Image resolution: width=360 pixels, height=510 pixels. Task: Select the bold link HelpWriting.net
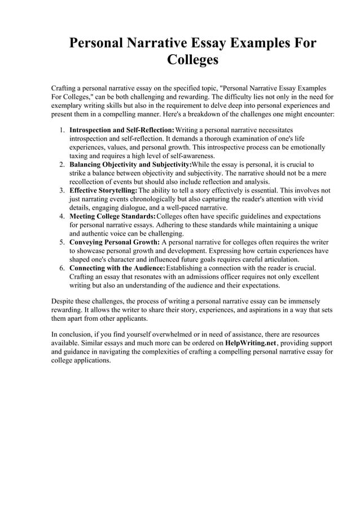tap(252, 343)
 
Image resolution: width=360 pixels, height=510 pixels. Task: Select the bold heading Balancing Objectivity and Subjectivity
tap(130, 165)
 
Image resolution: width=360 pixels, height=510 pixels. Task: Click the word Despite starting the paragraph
tap(63, 302)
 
